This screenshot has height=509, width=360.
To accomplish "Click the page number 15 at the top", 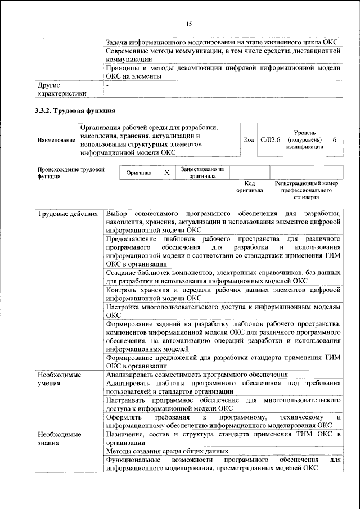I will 188,23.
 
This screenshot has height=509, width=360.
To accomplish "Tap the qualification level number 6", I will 335,139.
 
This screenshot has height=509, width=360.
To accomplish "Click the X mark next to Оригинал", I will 166,173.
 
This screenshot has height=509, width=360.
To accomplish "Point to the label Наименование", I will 56,139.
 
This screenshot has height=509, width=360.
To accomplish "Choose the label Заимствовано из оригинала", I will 202,172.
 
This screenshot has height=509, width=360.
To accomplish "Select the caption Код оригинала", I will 250,187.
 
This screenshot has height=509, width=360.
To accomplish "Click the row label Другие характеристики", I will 61,89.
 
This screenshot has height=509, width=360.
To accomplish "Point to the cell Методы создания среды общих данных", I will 167,451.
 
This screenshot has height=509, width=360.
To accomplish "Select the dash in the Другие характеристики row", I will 107,85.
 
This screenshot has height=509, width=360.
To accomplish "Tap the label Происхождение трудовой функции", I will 71,172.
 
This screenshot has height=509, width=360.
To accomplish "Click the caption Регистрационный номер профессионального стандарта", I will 307,191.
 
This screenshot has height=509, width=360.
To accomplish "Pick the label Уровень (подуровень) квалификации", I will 305,139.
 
